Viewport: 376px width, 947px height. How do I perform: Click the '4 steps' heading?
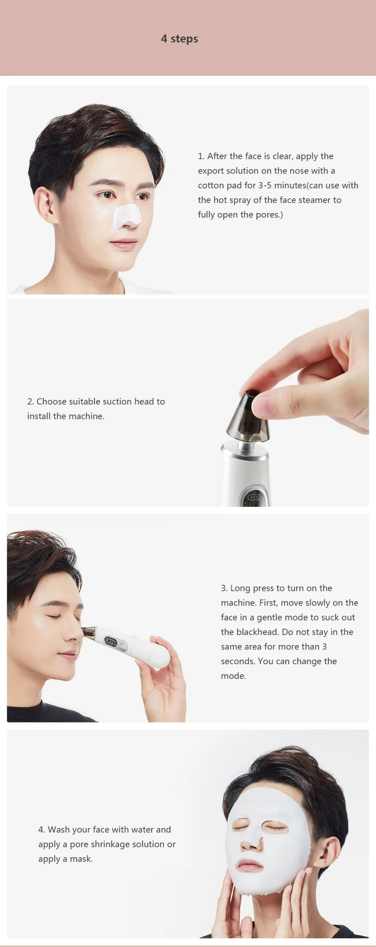tap(179, 39)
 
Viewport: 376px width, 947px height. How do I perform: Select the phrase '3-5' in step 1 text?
tap(265, 185)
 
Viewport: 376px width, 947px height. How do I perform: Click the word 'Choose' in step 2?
tap(52, 402)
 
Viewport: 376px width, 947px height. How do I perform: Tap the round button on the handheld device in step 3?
tap(123, 646)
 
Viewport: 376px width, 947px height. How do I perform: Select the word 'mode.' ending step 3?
tap(233, 676)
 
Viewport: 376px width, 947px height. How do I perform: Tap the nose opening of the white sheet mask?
tap(252, 843)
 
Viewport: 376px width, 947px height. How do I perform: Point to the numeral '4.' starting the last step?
tap(42, 829)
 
